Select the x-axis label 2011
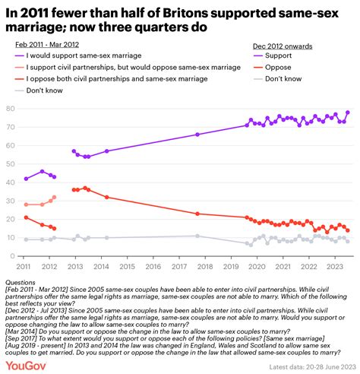[25, 267]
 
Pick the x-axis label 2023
[333, 267]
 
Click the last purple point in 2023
[348, 113]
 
